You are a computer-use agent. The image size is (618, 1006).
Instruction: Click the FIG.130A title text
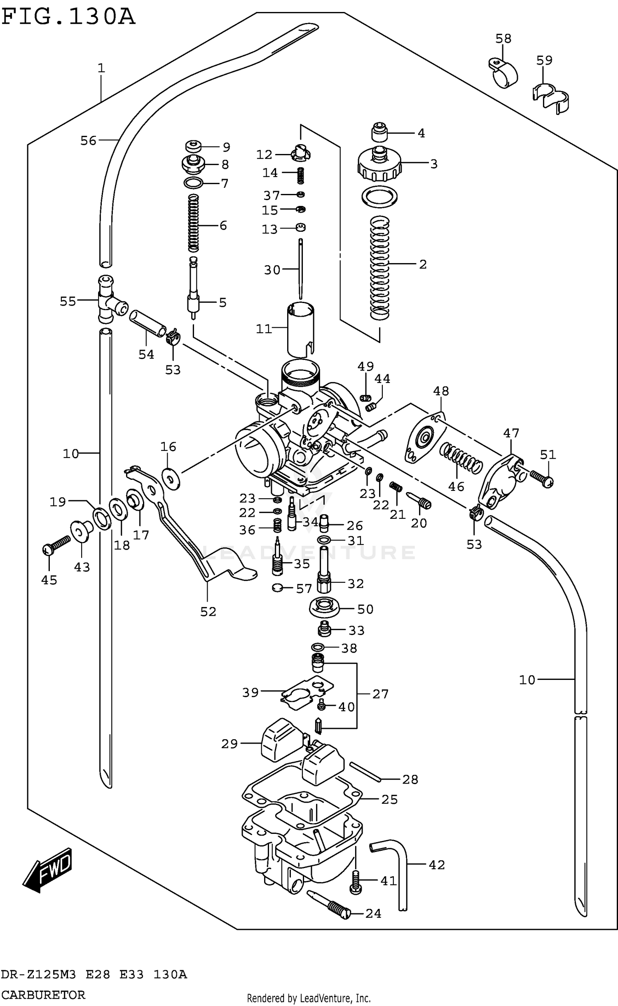click(68, 17)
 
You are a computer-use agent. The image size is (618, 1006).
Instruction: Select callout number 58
click(503, 39)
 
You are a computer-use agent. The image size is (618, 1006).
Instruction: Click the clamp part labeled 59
click(551, 98)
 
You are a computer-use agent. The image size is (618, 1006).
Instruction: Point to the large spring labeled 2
click(379, 268)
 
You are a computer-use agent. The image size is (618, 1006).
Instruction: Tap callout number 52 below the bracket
click(208, 612)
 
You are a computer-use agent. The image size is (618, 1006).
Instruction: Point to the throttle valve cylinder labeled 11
click(300, 329)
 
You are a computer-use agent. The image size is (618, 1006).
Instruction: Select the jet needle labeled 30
click(301, 268)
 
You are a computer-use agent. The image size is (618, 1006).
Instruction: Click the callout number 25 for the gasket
click(389, 799)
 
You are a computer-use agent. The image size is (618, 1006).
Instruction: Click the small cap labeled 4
click(380, 133)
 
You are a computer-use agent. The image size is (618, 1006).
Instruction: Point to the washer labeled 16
click(171, 478)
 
